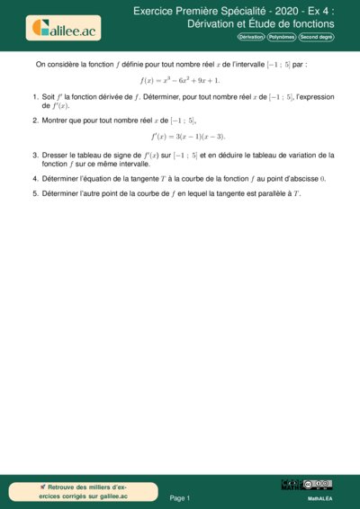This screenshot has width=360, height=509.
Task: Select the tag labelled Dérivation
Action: (251, 38)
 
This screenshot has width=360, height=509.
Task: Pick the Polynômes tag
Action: (281, 38)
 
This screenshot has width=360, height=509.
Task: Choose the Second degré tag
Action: (316, 38)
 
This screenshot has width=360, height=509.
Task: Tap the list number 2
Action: (34, 121)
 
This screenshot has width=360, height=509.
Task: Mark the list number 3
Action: (34, 155)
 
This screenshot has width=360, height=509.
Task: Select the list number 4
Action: (34, 178)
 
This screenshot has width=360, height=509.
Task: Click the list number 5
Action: (34, 193)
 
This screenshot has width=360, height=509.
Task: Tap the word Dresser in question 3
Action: (57, 155)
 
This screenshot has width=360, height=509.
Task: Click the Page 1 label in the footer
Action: (180, 497)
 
